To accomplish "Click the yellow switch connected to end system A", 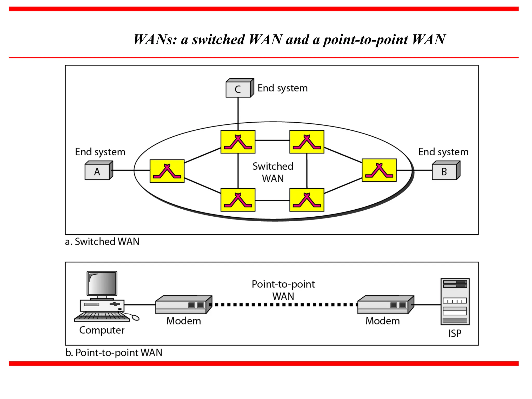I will [167, 171].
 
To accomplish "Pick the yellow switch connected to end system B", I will [379, 170].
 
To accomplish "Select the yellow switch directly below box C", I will [238, 142].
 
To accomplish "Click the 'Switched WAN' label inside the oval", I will [273, 172].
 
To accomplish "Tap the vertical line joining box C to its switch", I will [238, 112].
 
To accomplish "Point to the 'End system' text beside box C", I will [282, 88].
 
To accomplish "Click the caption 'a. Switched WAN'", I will [102, 242].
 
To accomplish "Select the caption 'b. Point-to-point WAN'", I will [114, 353].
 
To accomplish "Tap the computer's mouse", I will [135, 317].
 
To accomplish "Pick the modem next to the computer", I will [183, 305].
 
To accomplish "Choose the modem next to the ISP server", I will [385, 305].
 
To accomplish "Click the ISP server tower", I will [455, 302].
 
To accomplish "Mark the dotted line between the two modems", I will [284, 305].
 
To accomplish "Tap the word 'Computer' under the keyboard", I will [102, 330].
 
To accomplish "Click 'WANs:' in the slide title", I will [155, 40].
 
